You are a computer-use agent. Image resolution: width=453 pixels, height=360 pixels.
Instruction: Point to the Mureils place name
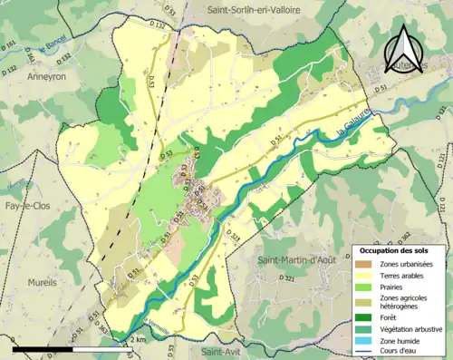tap(43, 257)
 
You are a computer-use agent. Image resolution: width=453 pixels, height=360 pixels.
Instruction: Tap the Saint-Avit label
tap(223, 351)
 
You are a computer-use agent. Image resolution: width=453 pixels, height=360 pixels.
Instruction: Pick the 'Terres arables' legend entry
tap(402, 276)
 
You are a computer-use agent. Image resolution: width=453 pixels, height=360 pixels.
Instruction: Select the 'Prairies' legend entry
tap(391, 288)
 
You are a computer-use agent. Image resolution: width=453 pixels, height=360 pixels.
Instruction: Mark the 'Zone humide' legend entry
tap(400, 340)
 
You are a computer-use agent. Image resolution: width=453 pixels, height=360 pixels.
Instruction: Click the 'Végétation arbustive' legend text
tap(410, 328)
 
